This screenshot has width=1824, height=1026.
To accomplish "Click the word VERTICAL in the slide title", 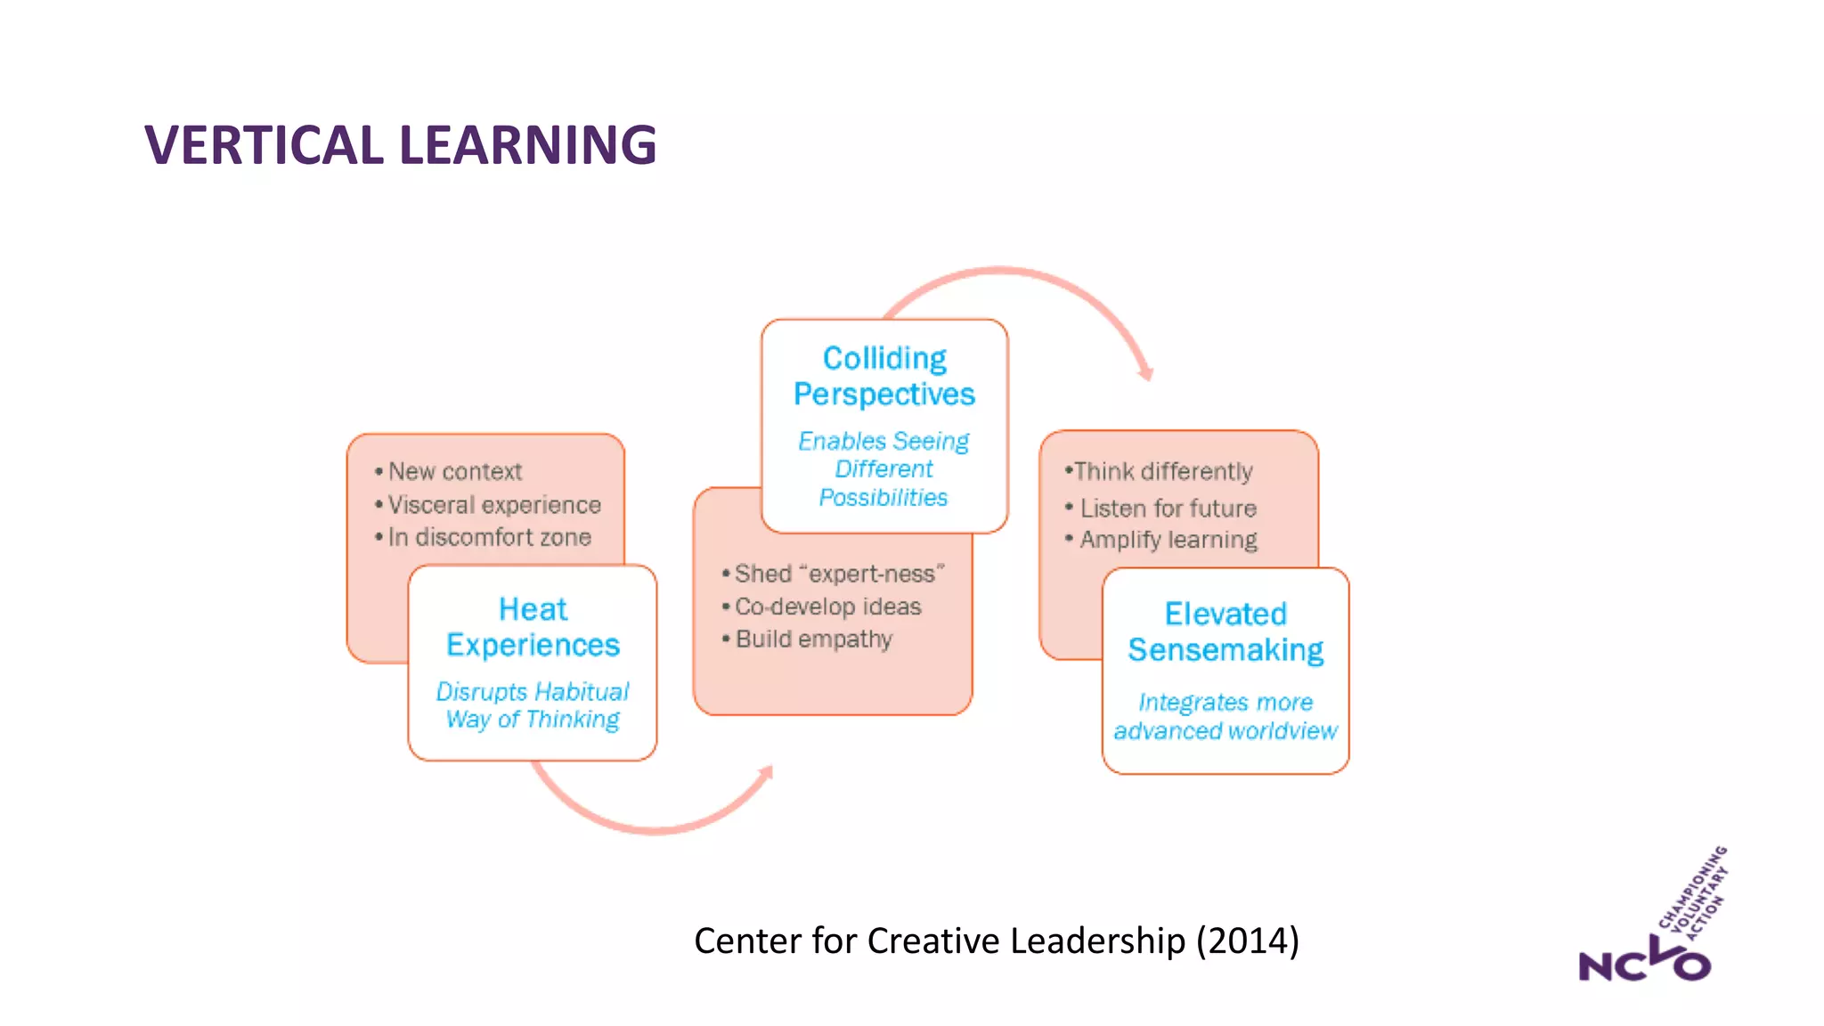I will (265, 145).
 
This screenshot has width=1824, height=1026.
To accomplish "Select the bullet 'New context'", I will (454, 471).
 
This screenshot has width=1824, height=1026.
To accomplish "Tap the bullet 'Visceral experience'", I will (493, 505).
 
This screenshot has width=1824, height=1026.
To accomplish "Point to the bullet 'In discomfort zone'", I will (489, 537).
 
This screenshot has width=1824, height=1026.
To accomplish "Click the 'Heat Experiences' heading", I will (533, 627).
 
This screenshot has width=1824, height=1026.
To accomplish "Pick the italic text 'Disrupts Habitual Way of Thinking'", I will (533, 705).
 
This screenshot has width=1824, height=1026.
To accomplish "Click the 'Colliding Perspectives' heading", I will (884, 376).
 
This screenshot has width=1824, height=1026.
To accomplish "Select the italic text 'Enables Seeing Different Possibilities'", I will (883, 468).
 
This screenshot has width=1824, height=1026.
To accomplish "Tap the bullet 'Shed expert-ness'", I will (838, 574).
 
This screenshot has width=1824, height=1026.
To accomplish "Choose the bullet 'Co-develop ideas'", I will (827, 607).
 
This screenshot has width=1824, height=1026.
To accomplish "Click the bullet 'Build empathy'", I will (813, 639).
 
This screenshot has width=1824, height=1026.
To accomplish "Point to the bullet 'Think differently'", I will (1162, 471).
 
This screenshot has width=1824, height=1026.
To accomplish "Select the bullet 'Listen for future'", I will (1168, 509).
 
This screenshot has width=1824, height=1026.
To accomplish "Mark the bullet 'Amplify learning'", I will (1168, 540).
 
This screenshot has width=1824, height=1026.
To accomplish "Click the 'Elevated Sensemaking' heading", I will (1225, 631).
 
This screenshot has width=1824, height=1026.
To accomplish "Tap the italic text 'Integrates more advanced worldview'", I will (1225, 716).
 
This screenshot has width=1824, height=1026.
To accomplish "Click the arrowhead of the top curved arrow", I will (1145, 372).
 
